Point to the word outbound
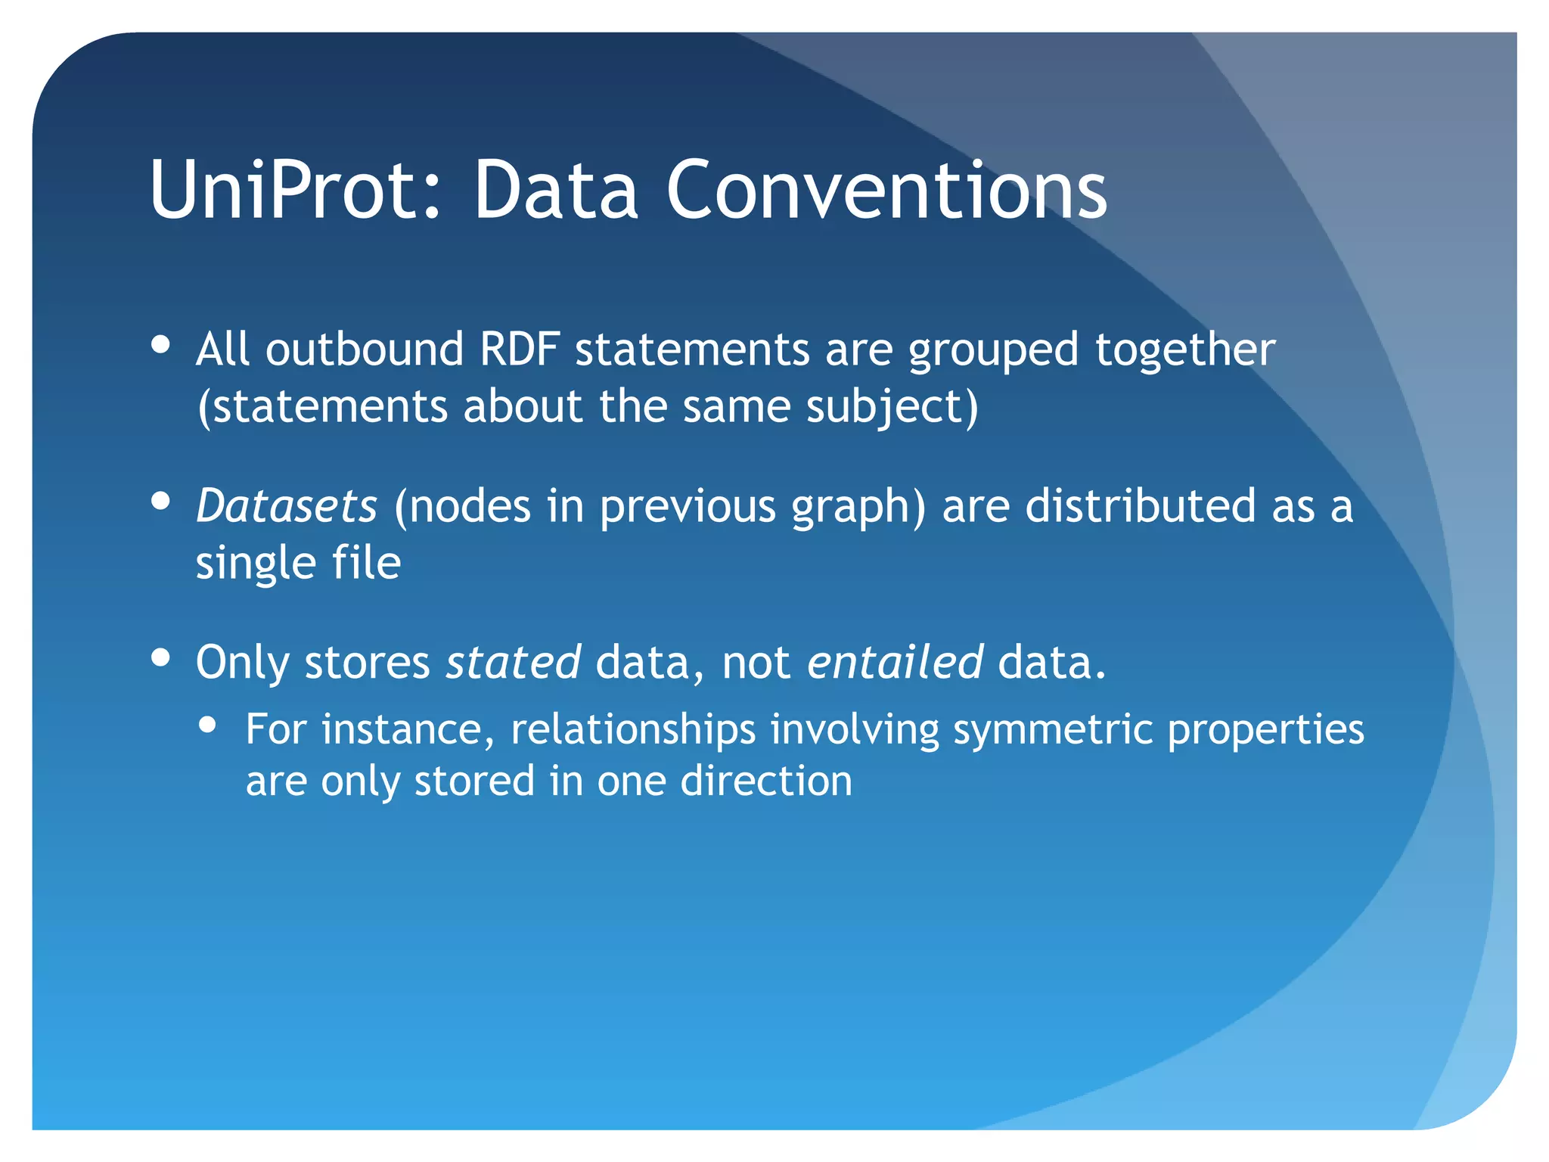pyautogui.click(x=364, y=350)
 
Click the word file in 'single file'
pyautogui.click(x=367, y=563)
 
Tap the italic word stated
pyautogui.click(x=513, y=663)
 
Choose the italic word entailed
pyautogui.click(x=895, y=663)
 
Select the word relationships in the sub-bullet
pyautogui.click(x=633, y=731)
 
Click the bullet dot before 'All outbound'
pyautogui.click(x=160, y=345)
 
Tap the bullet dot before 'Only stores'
pyautogui.click(x=160, y=657)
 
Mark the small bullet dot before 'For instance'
pyautogui.click(x=207, y=725)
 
